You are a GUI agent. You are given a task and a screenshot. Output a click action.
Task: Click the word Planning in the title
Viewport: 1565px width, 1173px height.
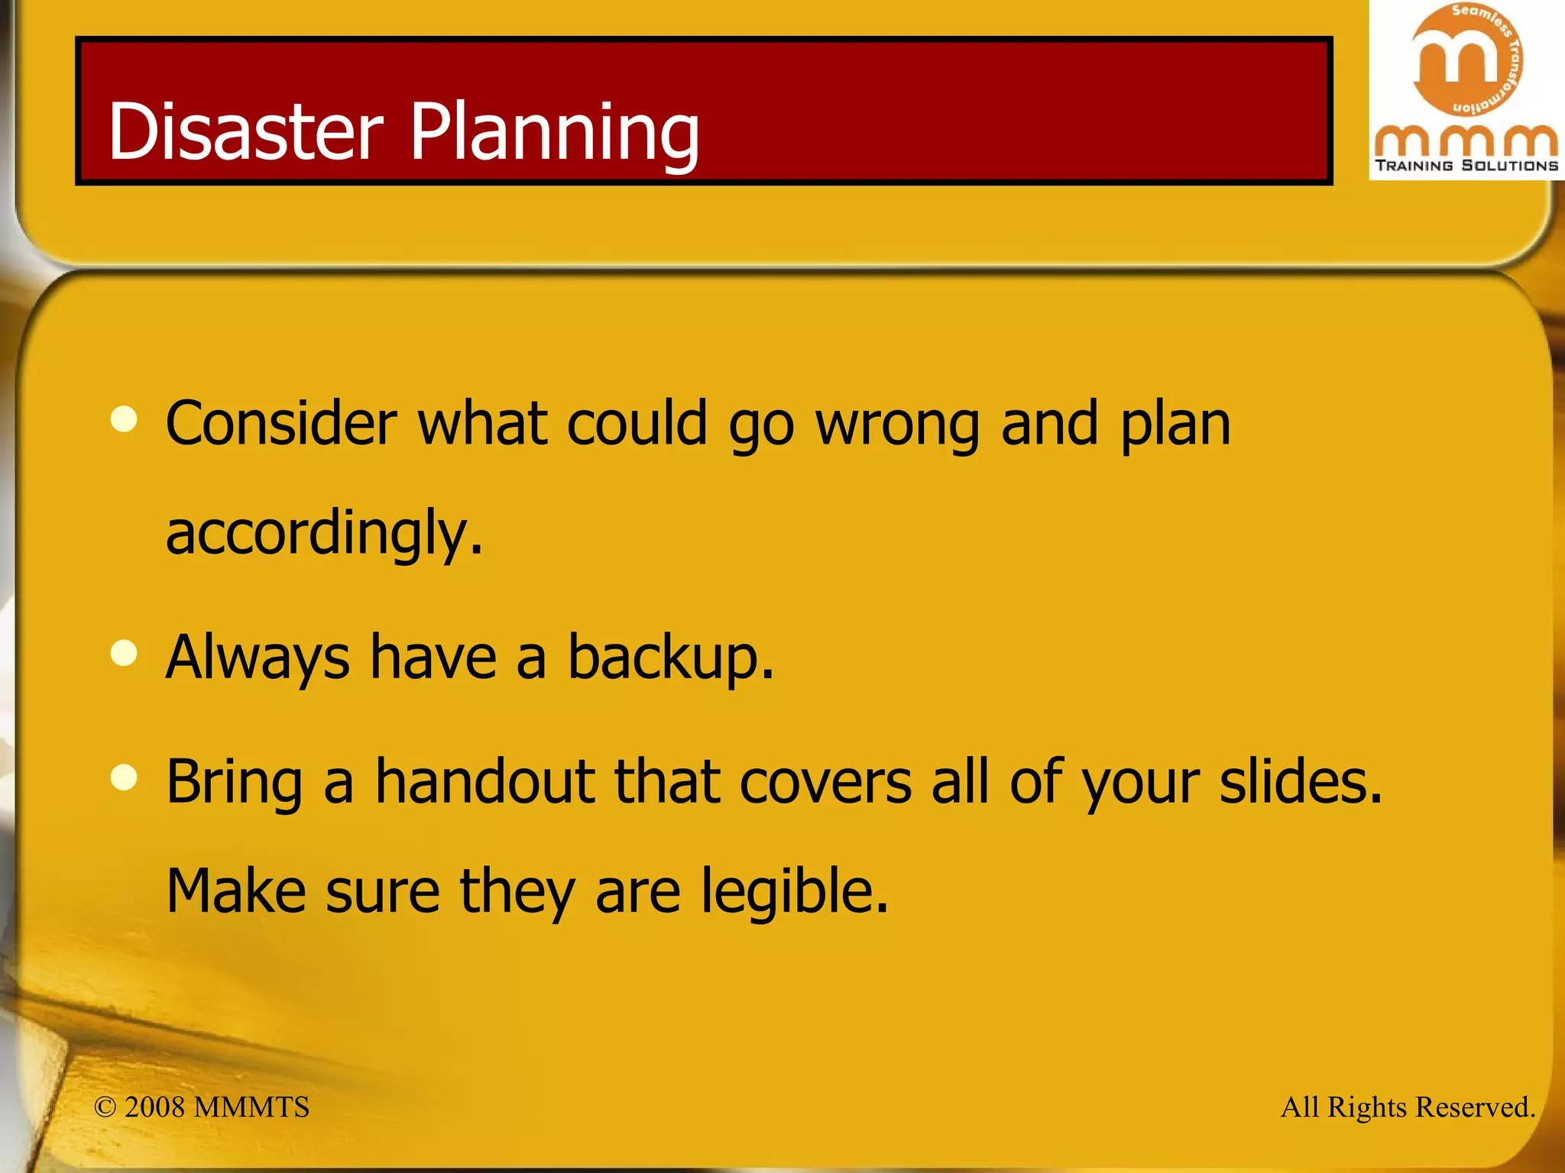(555, 134)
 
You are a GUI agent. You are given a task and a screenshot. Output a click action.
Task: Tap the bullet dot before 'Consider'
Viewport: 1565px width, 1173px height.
(124, 418)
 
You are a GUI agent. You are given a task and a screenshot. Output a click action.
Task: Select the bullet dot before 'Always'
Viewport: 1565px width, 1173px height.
(124, 653)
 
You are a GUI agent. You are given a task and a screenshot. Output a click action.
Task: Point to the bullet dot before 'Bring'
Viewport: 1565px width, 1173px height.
(124, 777)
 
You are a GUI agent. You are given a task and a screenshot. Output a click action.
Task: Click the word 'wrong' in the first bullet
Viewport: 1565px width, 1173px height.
(897, 425)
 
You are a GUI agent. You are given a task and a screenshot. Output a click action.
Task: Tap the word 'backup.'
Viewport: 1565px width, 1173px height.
(670, 658)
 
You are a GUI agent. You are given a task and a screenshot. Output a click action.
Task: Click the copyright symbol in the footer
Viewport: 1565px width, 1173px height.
(105, 1107)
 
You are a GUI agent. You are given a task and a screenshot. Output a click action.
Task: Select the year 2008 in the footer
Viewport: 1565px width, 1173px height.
(154, 1107)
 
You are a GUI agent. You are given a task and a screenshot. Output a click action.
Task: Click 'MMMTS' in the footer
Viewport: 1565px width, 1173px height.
(251, 1107)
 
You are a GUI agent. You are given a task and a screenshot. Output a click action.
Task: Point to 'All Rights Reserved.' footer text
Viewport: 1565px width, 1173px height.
(1408, 1107)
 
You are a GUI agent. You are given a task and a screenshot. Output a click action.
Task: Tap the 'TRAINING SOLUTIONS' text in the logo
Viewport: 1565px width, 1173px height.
(1466, 166)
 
